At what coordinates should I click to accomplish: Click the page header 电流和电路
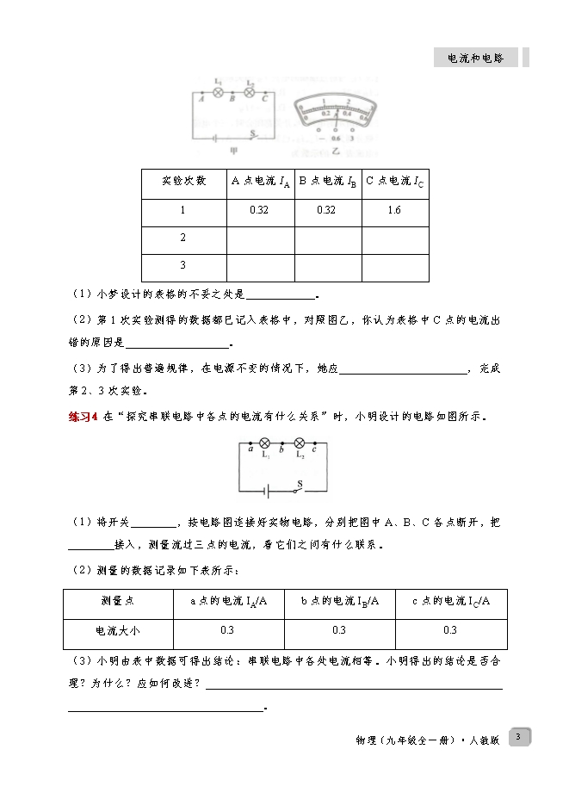(x=477, y=58)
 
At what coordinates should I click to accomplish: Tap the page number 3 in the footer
(x=518, y=736)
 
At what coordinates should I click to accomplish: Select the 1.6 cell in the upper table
(x=394, y=210)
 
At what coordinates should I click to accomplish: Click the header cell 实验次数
(x=183, y=181)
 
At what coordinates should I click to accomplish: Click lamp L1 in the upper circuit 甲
(x=218, y=90)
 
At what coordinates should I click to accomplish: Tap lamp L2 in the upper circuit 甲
(x=250, y=90)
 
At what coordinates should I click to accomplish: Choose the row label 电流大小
(x=118, y=631)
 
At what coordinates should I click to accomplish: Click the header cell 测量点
(x=118, y=601)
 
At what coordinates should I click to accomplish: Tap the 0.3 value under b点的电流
(x=339, y=631)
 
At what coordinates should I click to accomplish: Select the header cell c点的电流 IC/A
(x=450, y=601)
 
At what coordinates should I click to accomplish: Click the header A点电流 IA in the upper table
(x=259, y=181)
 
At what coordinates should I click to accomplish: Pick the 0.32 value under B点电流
(x=327, y=210)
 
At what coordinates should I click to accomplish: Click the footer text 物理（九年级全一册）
(x=405, y=740)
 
